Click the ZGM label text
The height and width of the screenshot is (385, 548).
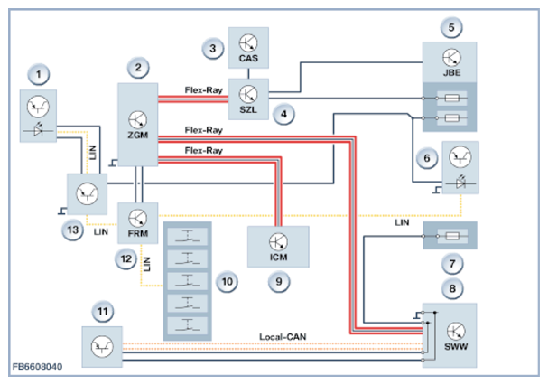[x=137, y=135]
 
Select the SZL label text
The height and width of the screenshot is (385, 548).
[x=248, y=108]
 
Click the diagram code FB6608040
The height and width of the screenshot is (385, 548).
[x=40, y=369]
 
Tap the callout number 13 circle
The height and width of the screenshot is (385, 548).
[x=69, y=230]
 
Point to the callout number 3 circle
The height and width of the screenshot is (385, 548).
[x=211, y=47]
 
